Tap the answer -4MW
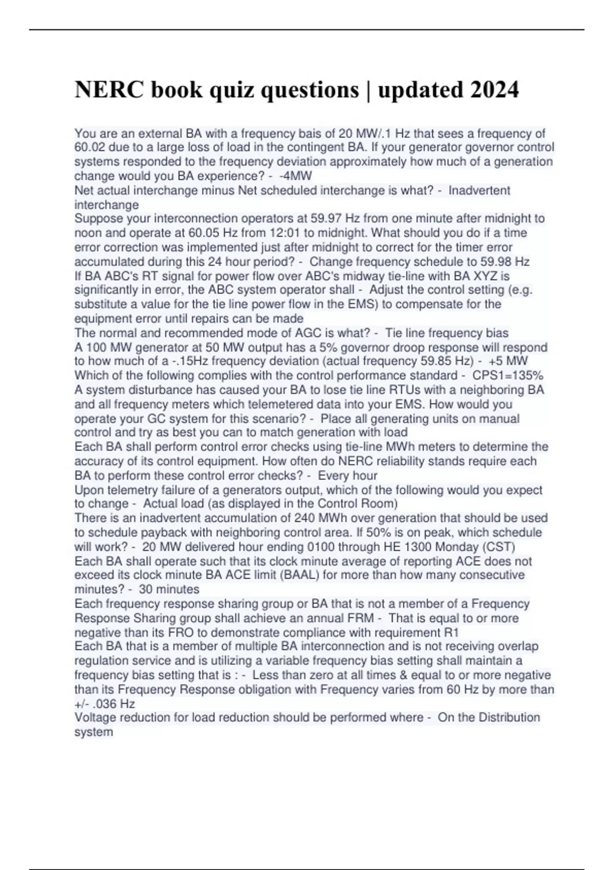296,176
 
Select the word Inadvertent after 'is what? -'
479,190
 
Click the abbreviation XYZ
498,276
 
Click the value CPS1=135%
508,375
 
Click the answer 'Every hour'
347,475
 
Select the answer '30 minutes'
169,589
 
